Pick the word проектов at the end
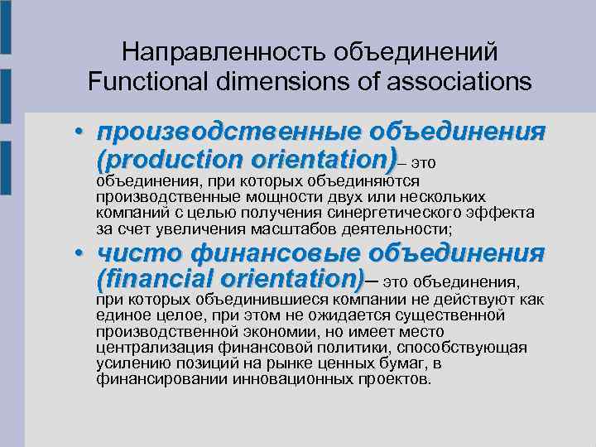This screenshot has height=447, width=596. (x=392, y=379)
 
